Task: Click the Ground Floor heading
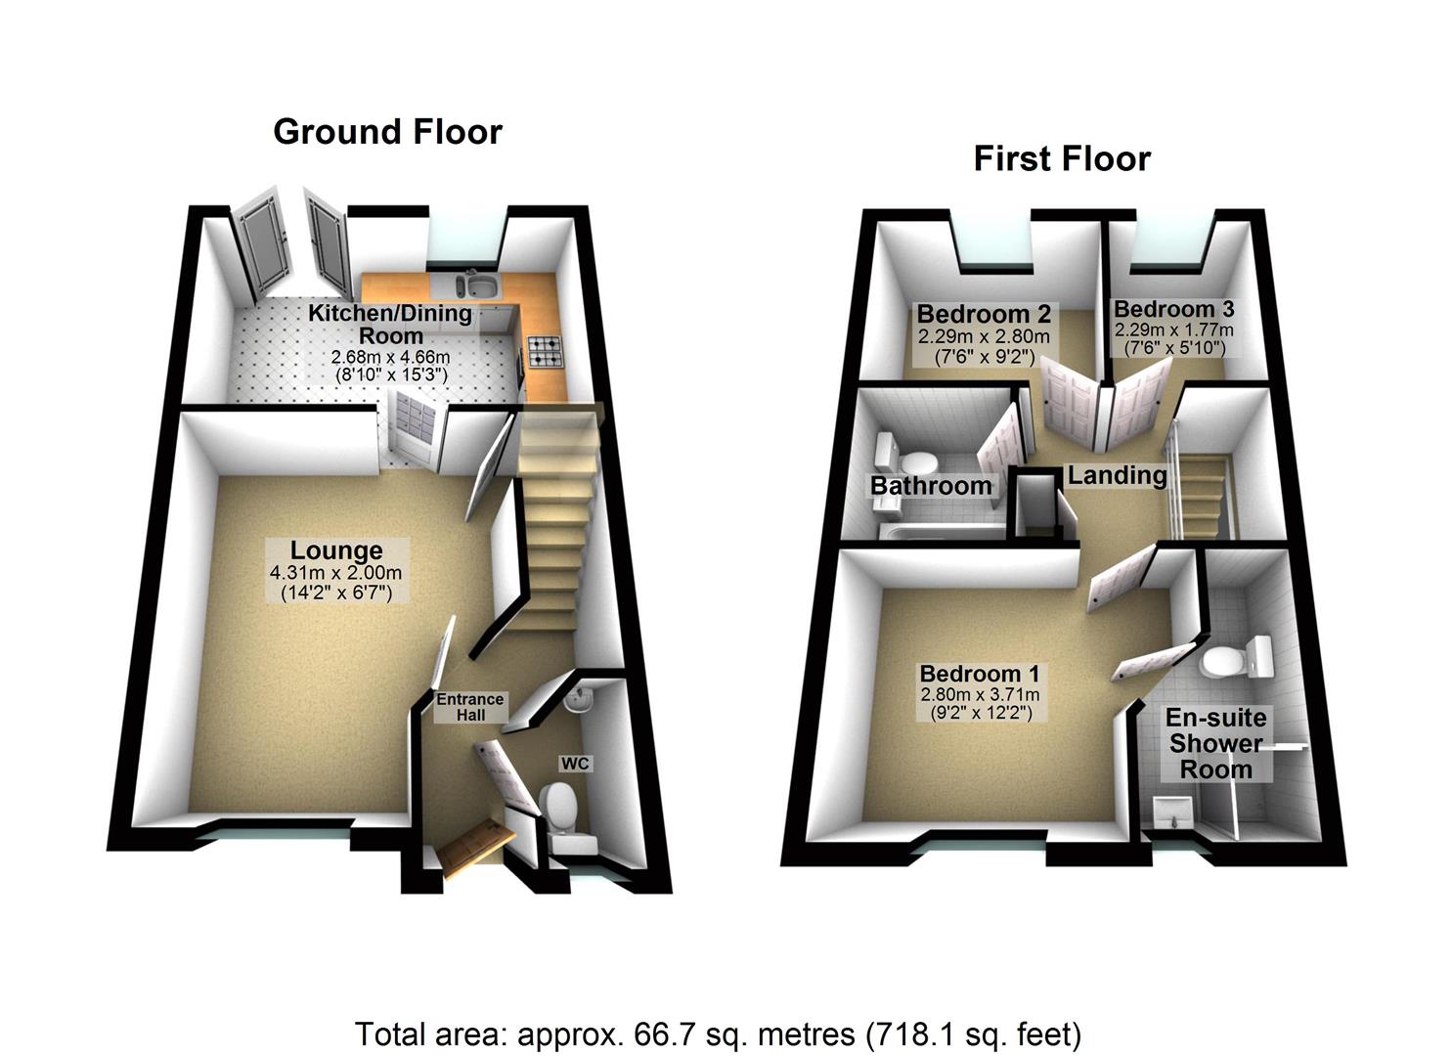pos(387,132)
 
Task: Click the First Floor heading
pos(1062,158)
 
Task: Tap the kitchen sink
pos(478,286)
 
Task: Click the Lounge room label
pos(335,550)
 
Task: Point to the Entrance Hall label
pos(469,707)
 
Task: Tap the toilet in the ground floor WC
pos(560,807)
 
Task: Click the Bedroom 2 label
pos(984,314)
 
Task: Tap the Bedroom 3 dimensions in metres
pos(1173,330)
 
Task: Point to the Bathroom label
pos(931,486)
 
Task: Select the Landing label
pos(1117,476)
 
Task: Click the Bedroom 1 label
pos(980,674)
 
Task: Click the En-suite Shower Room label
pos(1215,743)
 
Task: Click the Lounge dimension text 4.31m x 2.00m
pos(335,573)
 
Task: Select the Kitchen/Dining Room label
pos(390,324)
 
